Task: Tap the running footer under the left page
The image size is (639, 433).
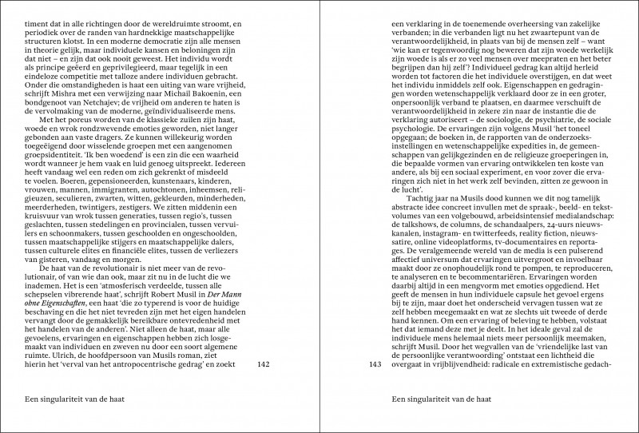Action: [71, 399]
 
